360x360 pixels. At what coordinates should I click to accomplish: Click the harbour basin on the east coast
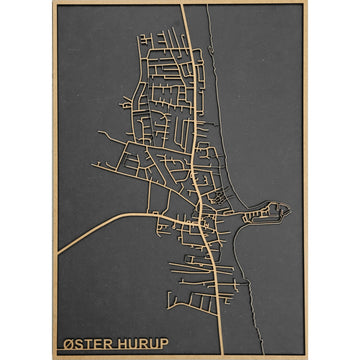tap(270, 214)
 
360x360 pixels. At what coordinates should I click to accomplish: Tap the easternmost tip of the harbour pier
tap(289, 210)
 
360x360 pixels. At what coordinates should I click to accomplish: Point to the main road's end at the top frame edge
tap(182, 6)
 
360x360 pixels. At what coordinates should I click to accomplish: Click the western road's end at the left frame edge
tap(58, 253)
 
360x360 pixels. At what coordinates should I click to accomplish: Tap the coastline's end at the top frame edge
tap(209, 6)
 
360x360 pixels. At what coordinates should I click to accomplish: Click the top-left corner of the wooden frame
tap(54, 3)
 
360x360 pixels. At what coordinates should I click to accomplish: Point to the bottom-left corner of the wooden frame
tap(54, 357)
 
